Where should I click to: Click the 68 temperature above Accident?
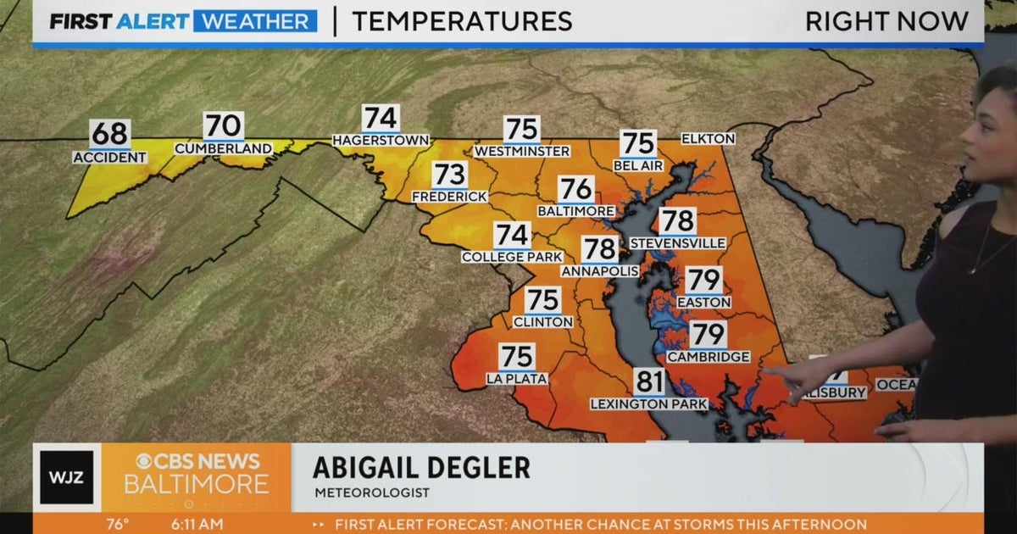point(109,134)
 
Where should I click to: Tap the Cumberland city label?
point(224,149)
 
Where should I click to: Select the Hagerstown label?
point(381,140)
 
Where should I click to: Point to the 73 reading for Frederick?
point(450,175)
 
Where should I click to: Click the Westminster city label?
point(521,152)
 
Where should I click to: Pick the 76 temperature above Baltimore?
point(576,189)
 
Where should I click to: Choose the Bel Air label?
point(638,166)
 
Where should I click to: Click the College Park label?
point(512,257)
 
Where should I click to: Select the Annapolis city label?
point(600,271)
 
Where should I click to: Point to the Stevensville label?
point(677,244)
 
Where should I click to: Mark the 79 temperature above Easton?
point(703,280)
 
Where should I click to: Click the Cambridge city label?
point(709,358)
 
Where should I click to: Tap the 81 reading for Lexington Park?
point(649,382)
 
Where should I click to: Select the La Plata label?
point(516,379)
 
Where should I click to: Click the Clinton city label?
point(543,322)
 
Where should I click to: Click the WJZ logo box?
point(67,477)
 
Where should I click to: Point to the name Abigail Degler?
point(421,468)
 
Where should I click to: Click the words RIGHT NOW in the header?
point(886,22)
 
